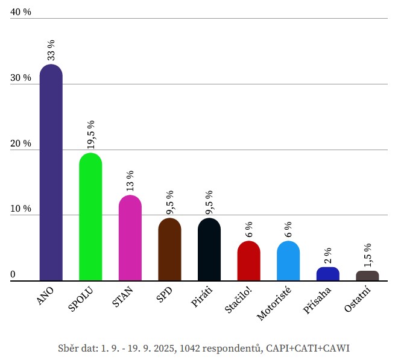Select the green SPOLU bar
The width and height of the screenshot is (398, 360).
click(90, 217)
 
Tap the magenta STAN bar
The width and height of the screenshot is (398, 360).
click(130, 238)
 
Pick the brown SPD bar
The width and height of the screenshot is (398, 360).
click(169, 250)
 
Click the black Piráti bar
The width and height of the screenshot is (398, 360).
click(209, 250)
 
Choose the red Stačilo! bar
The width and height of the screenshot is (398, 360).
click(248, 261)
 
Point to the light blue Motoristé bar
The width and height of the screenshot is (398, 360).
click(288, 261)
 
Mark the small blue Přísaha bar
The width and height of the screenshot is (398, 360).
click(327, 274)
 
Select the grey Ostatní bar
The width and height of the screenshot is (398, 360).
click(367, 276)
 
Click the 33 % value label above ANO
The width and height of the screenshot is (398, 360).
click(51, 50)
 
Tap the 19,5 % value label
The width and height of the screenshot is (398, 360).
click(90, 134)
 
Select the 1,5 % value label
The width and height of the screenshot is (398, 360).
click(367, 254)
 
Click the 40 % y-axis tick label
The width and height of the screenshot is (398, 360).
click(21, 12)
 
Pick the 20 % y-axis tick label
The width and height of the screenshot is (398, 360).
click(21, 144)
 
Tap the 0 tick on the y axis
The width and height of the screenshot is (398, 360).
click(13, 275)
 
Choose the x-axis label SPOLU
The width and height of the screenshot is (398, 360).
click(81, 300)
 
